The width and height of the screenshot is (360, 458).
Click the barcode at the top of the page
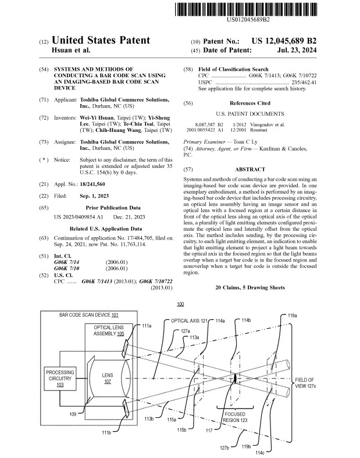[251, 10]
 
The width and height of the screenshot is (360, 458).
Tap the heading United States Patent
[101, 41]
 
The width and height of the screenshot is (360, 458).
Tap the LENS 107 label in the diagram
[108, 379]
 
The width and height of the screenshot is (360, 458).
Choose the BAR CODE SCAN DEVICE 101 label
[89, 315]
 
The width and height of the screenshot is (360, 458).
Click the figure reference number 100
[180, 304]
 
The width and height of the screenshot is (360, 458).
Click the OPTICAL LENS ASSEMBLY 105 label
[109, 331]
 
